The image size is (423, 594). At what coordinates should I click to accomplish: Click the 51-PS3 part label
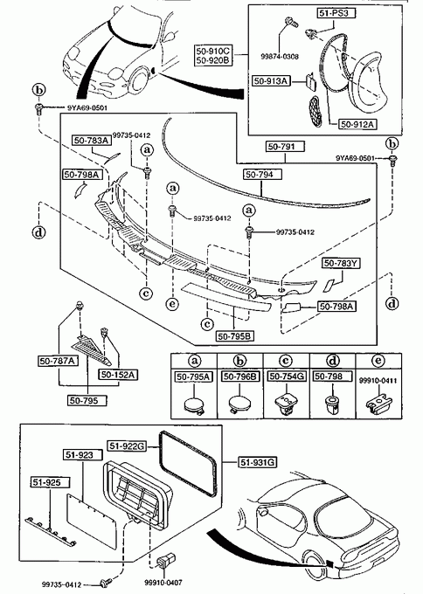pos(331,14)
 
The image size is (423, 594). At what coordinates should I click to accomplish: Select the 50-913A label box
pos(272,81)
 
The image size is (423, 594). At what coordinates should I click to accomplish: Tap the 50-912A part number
pos(357,124)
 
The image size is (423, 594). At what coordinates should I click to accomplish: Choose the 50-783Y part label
pos(341,263)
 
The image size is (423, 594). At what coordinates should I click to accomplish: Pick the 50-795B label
pos(235,336)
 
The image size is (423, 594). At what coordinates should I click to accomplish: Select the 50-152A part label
pos(118,375)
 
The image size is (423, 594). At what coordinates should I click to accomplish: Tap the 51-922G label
pos(127,446)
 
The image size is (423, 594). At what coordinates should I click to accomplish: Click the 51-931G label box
pos(258,462)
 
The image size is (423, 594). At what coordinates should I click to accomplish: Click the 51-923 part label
pos(78,455)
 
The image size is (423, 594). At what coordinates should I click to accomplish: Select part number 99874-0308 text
pos(280,57)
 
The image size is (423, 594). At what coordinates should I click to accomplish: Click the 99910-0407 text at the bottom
pos(163,583)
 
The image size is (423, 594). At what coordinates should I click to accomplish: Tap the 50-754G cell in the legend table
pos(287,376)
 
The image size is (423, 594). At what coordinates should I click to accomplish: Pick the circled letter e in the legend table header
pos(378,361)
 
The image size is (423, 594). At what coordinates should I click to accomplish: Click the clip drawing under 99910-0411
pos(378,403)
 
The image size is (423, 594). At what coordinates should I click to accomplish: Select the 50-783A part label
pos(92,141)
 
